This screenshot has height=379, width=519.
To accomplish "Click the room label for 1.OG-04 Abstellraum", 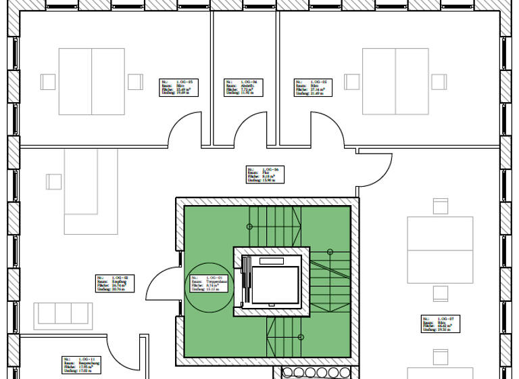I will pyautogui.click(x=242, y=88).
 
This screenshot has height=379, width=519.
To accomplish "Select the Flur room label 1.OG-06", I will pyautogui.click(x=264, y=175).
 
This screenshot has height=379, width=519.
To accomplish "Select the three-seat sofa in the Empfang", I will pyautogui.click(x=63, y=313).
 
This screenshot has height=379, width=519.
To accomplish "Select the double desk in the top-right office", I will pyautogui.click(x=395, y=81).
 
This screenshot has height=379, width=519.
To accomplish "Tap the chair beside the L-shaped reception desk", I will pyautogui.click(x=53, y=181).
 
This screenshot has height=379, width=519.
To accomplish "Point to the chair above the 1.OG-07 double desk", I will pyautogui.click(x=440, y=206).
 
